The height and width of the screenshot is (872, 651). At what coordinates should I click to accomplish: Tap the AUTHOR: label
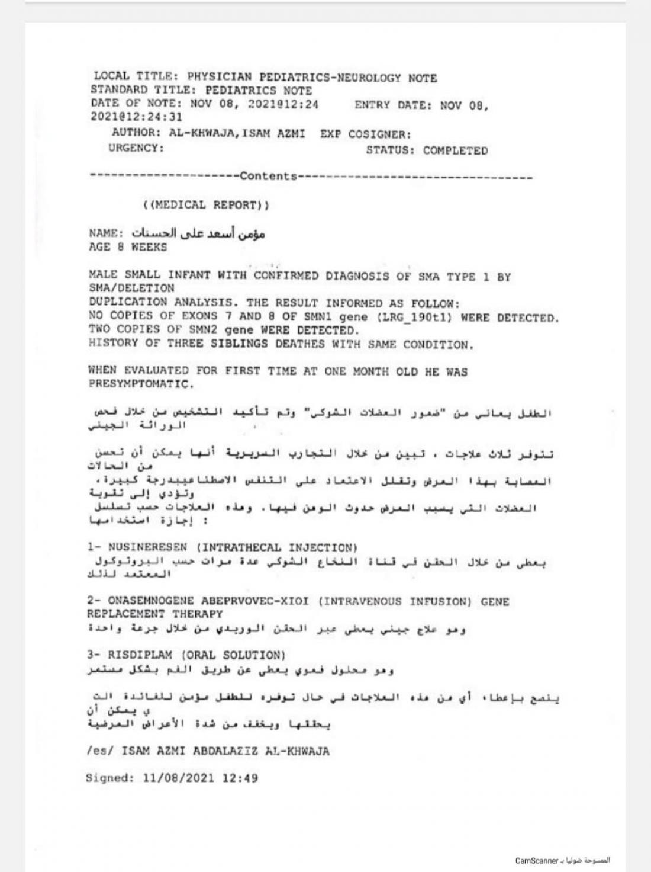136,133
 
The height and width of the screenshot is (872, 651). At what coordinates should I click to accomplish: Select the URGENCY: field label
136,148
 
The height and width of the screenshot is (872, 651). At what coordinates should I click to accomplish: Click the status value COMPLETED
455,150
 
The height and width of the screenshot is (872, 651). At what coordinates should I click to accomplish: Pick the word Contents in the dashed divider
268,176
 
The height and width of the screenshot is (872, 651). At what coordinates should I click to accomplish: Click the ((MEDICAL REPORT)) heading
205,205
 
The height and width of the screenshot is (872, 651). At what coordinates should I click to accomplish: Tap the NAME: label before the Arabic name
107,233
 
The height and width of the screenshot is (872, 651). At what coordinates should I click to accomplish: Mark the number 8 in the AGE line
120,247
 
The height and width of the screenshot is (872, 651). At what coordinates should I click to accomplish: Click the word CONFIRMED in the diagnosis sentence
286,275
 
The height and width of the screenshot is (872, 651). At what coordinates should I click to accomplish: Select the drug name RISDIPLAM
140,655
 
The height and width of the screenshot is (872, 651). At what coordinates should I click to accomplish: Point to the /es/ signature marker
99,751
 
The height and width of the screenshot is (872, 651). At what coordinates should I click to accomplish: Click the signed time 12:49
240,778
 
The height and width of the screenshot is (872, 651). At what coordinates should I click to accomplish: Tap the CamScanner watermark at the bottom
536,860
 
